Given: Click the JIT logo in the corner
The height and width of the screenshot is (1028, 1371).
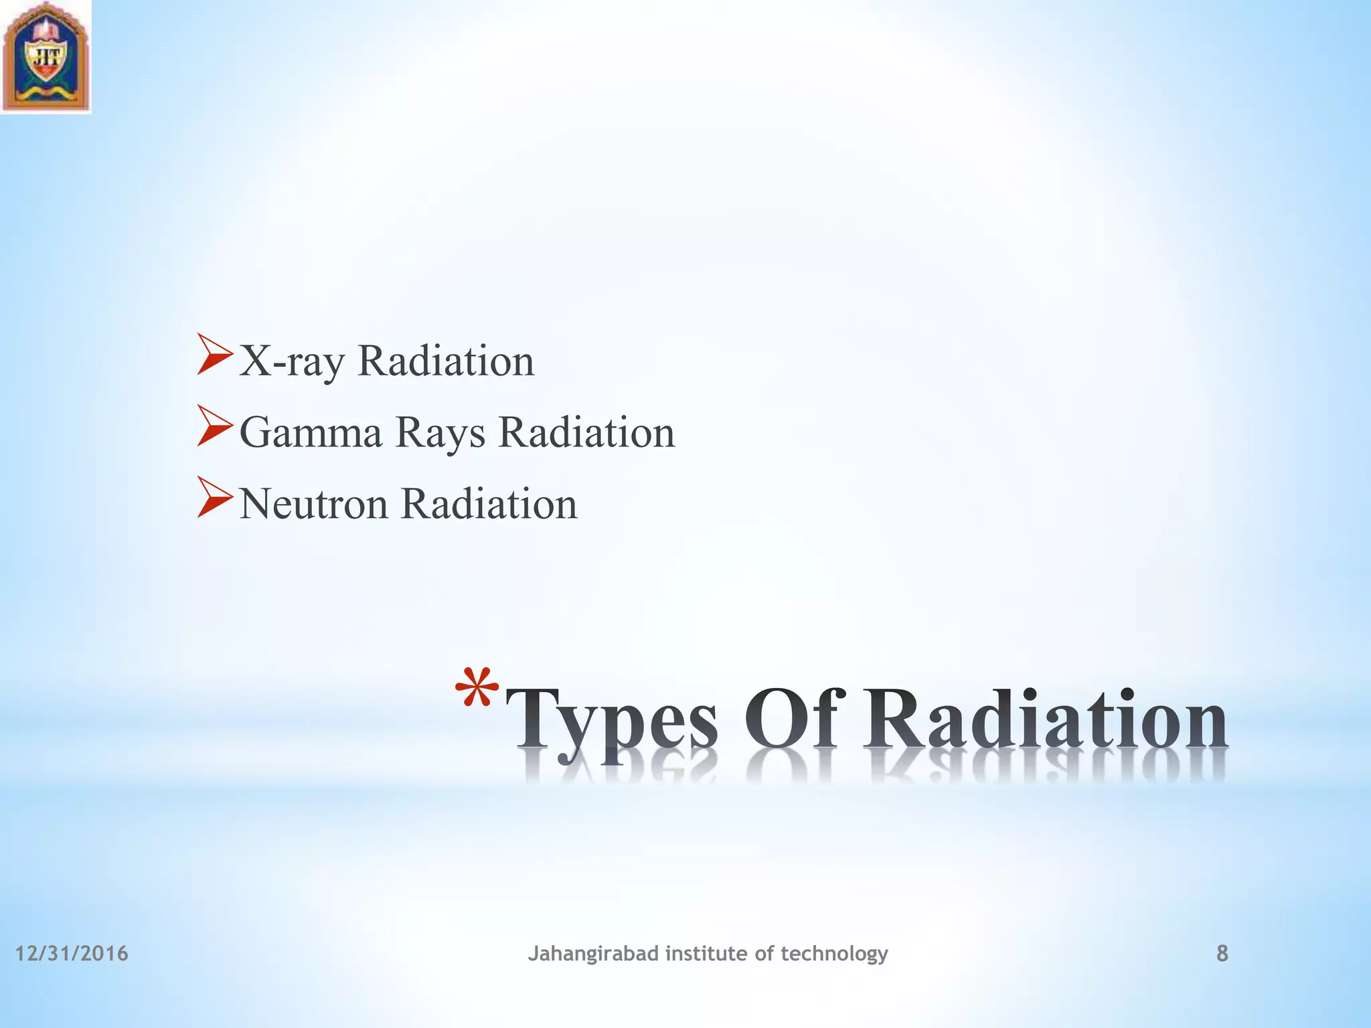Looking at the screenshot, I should point(46,56).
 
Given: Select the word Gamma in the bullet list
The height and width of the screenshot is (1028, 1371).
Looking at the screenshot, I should point(311,432).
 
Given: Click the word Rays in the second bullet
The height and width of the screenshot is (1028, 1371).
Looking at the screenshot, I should point(440,434).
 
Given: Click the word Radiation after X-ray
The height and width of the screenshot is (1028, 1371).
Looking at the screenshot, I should point(446,361).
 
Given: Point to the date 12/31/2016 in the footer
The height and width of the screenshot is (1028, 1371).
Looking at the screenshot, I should point(72,954).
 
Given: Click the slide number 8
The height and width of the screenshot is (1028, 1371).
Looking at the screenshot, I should point(1222,954).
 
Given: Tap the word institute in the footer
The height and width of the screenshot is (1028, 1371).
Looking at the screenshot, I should point(706,953).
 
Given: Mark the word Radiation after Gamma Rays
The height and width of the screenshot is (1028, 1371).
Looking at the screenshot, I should point(586,432).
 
